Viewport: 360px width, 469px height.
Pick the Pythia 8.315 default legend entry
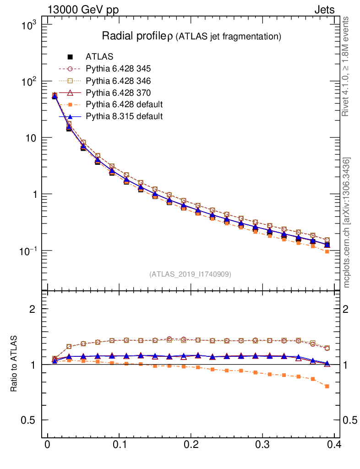click(x=124, y=116)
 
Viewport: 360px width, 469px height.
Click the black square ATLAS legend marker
click(x=70, y=57)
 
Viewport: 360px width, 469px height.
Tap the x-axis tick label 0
click(x=47, y=444)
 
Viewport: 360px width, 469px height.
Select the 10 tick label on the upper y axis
click(x=32, y=138)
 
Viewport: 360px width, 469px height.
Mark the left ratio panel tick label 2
click(x=33, y=309)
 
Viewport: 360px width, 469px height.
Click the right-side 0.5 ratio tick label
click(x=351, y=420)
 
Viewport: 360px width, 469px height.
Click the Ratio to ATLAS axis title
click(x=14, y=364)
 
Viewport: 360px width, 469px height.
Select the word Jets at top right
click(x=324, y=10)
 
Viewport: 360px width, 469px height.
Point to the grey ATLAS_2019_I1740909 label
click(x=190, y=274)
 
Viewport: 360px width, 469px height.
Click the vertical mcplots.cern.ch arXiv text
click(x=347, y=223)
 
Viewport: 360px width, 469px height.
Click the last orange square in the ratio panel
click(x=327, y=386)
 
